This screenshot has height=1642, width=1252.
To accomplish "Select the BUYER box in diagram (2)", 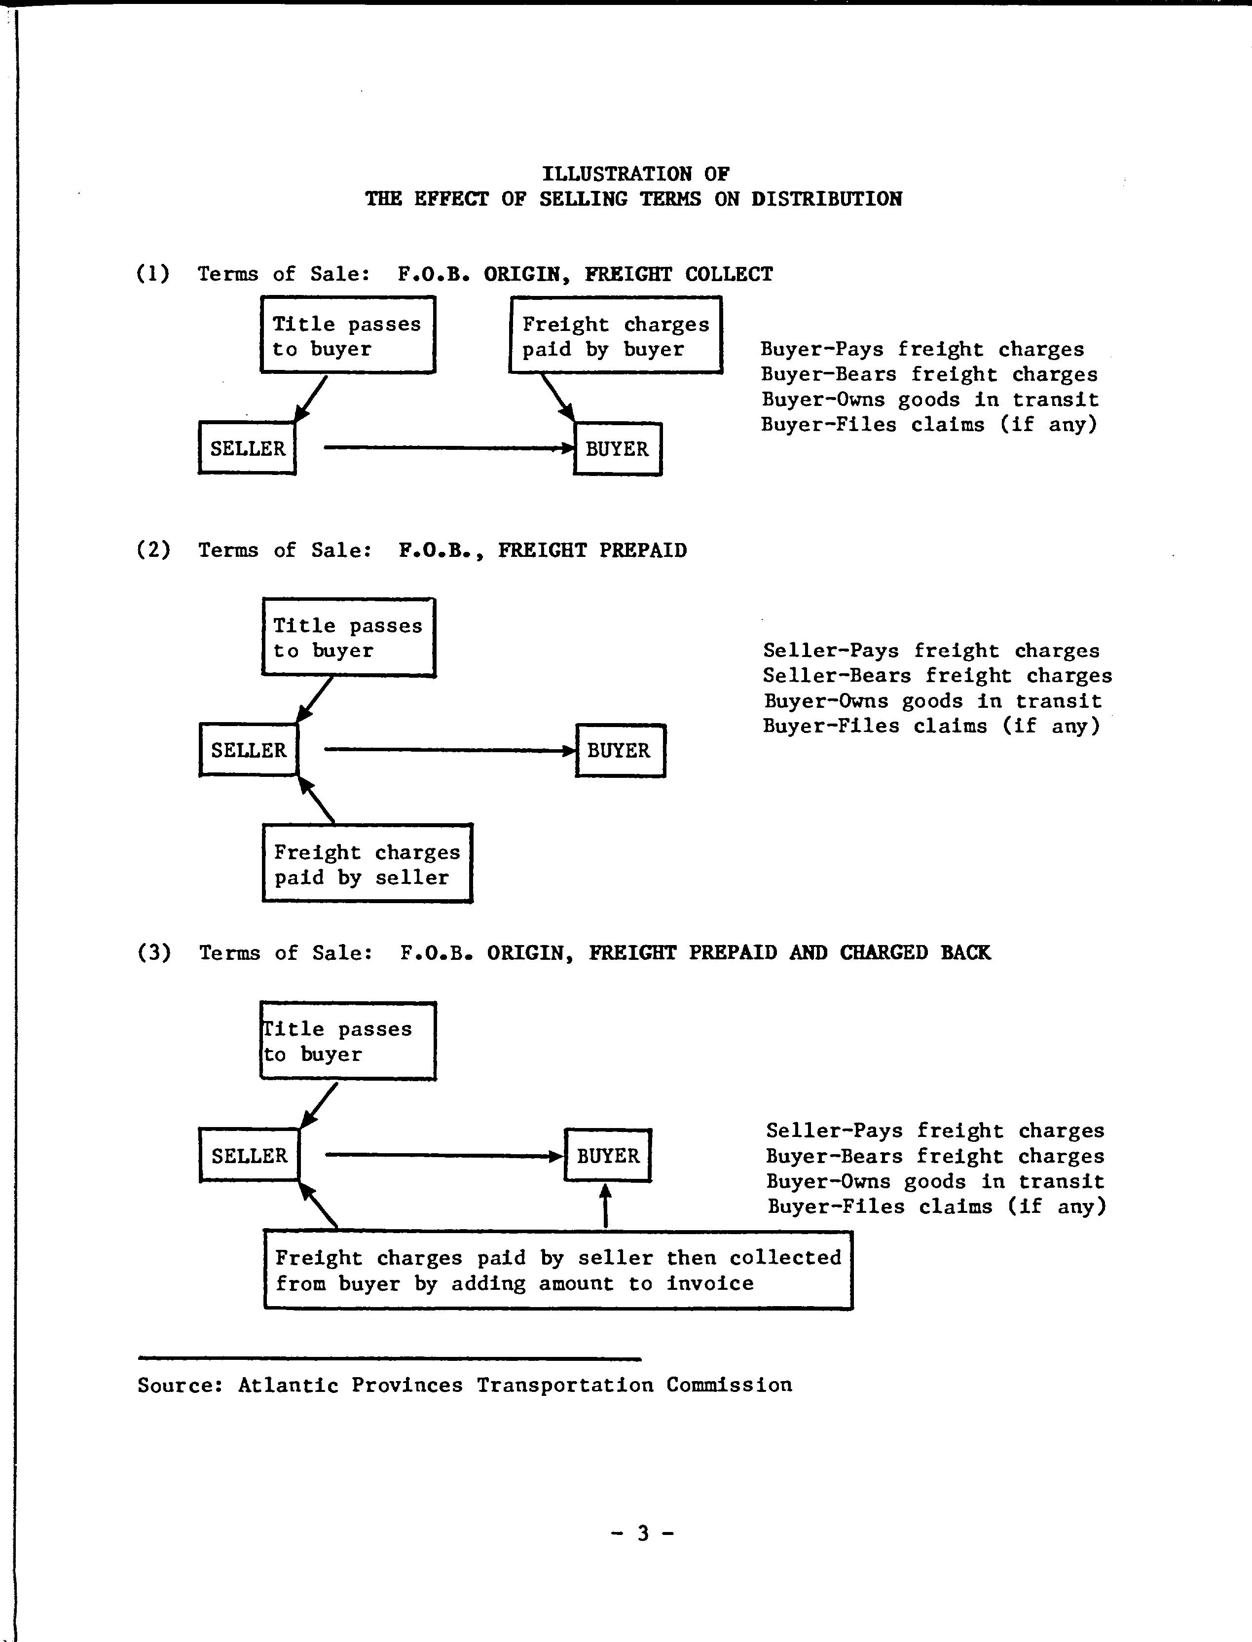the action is pos(620,750).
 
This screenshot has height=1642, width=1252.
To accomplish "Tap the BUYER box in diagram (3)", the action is pos(607,1156).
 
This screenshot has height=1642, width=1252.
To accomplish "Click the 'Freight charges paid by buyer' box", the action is pos(616,334).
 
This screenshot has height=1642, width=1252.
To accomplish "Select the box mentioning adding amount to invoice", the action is pos(558,1270).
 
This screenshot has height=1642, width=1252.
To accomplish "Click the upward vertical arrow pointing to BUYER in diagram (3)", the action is pos(605,1205).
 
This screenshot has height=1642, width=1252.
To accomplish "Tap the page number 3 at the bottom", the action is pos(642,1533).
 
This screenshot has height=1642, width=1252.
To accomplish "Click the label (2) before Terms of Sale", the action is pos(153,550).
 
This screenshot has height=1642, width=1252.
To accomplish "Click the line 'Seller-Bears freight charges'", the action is pos(937,676).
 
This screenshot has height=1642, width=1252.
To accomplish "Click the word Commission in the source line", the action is pos(729,1385).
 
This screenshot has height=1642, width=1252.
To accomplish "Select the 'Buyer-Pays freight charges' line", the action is pos(922,349).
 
